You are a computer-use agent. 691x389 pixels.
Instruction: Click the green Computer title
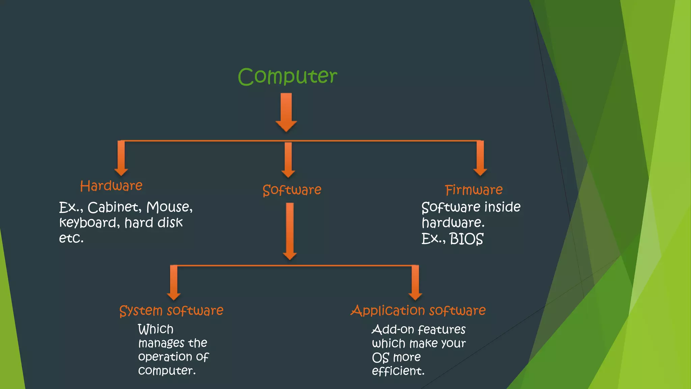pyautogui.click(x=287, y=76)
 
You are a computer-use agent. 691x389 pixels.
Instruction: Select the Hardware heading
pyautogui.click(x=111, y=186)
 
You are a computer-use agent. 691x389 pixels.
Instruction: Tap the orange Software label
pyautogui.click(x=292, y=190)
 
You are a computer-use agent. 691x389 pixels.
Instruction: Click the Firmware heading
pyautogui.click(x=473, y=190)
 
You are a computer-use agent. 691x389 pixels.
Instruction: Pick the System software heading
pyautogui.click(x=171, y=311)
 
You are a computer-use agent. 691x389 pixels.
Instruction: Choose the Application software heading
pyautogui.click(x=418, y=310)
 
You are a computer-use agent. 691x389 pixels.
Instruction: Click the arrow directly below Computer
pyautogui.click(x=286, y=112)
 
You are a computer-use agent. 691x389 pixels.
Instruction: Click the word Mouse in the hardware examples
pyautogui.click(x=169, y=207)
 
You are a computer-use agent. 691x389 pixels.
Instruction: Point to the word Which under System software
pyautogui.click(x=156, y=329)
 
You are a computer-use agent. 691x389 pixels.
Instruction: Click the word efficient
pyautogui.click(x=398, y=371)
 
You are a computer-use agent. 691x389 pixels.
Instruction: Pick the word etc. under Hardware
pyautogui.click(x=71, y=238)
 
